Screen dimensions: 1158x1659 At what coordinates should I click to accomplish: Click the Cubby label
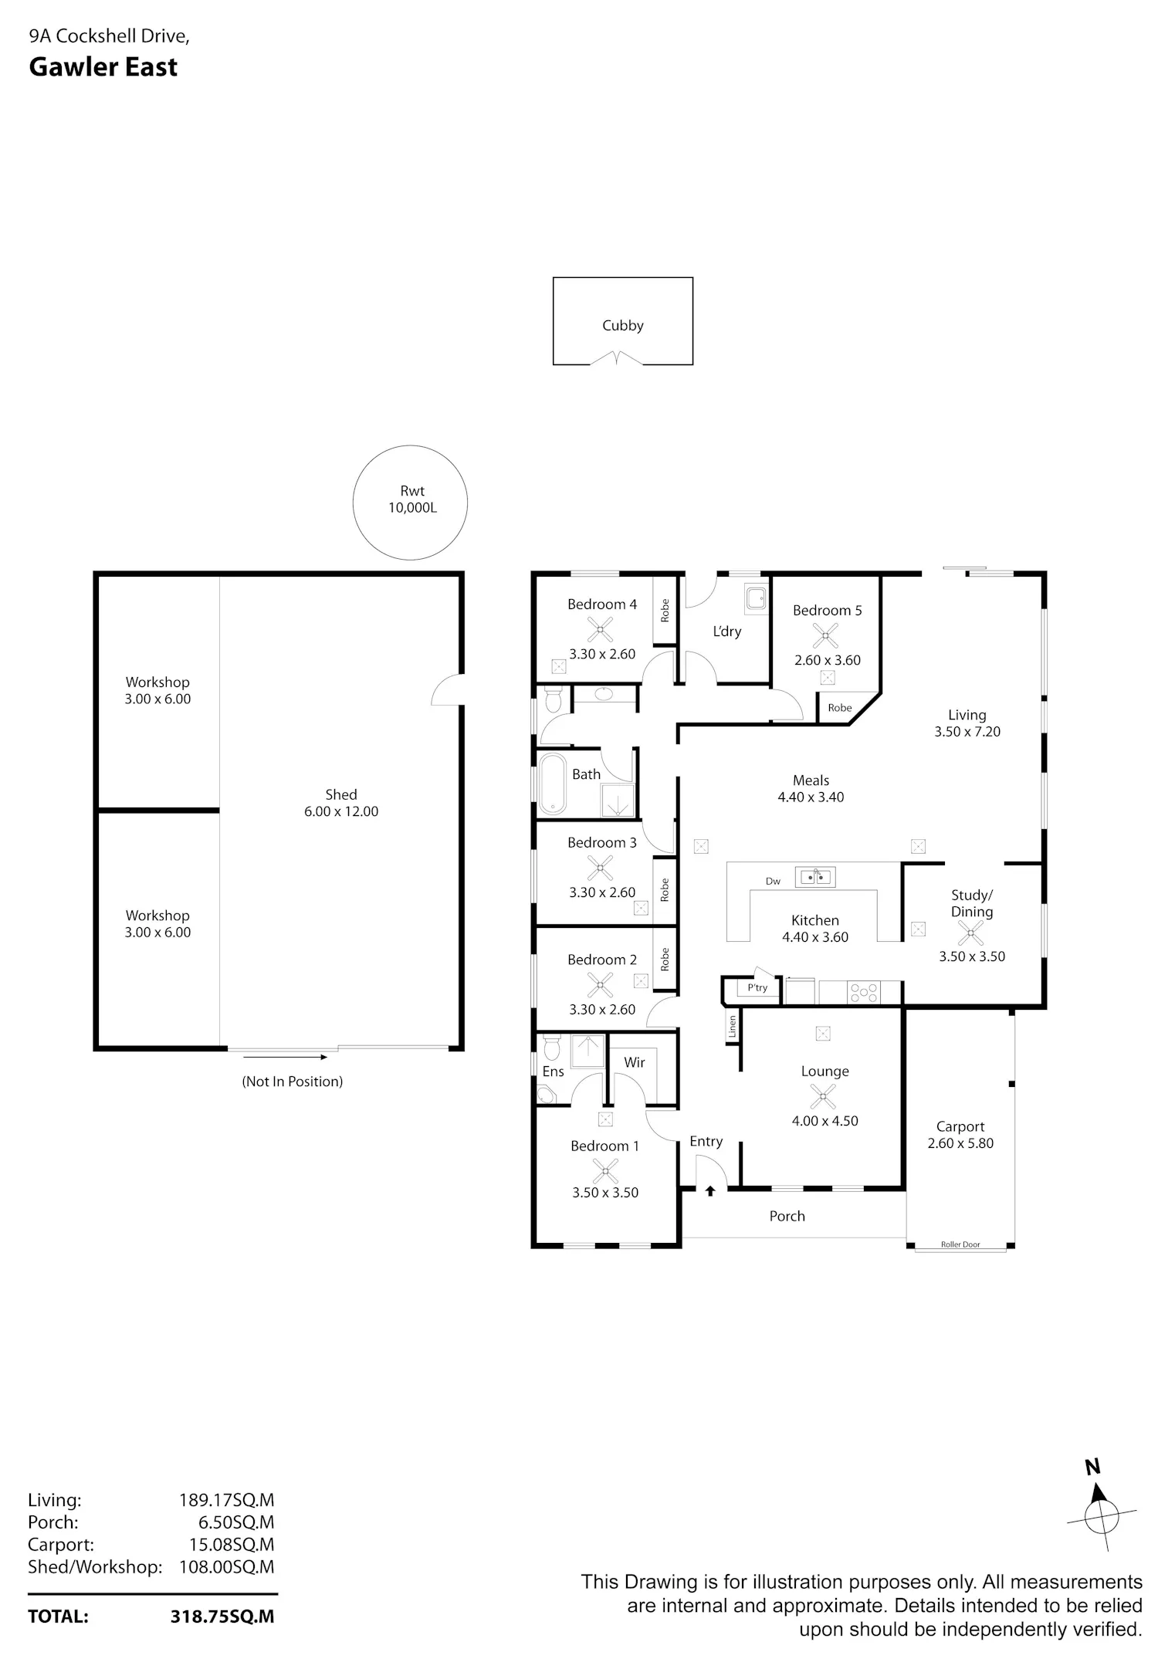(622, 326)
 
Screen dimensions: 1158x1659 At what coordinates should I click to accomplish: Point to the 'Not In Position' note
(293, 1082)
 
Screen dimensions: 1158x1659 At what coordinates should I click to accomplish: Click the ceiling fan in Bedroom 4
(599, 629)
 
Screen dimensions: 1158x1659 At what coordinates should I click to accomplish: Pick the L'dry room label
(726, 631)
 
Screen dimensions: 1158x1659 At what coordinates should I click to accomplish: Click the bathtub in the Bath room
(553, 784)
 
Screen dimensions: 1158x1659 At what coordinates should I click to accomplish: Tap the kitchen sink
(816, 877)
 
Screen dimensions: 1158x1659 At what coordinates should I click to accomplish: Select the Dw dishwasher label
(773, 882)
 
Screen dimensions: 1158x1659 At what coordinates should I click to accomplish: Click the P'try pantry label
(757, 987)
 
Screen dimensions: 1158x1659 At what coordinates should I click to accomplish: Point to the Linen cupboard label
(732, 1026)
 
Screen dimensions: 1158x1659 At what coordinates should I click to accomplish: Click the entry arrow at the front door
(710, 1191)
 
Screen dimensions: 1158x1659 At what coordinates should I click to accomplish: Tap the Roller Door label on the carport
(960, 1244)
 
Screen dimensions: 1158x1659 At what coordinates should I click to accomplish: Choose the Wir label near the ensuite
(635, 1062)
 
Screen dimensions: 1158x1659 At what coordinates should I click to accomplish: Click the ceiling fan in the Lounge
(823, 1096)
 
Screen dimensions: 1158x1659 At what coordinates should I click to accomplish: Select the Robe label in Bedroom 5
(840, 708)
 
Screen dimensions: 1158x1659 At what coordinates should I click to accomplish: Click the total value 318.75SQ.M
(222, 1617)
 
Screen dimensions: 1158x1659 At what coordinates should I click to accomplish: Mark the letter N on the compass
(1092, 1468)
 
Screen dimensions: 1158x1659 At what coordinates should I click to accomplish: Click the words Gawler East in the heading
(103, 68)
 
